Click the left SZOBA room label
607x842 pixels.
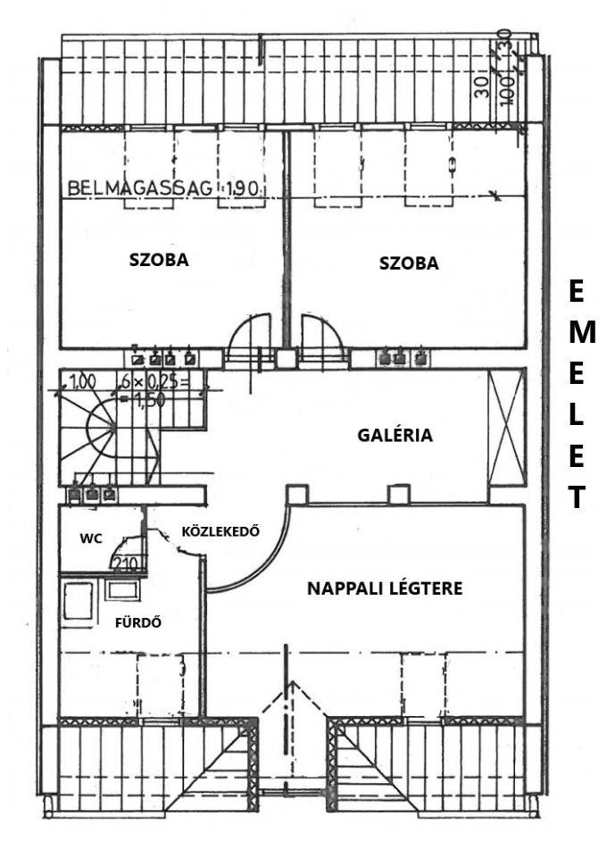click(160, 261)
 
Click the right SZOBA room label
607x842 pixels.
click(409, 263)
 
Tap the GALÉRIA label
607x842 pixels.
click(395, 436)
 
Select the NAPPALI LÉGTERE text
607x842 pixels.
click(384, 588)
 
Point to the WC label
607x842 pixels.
click(90, 538)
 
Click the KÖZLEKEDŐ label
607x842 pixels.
click(220, 530)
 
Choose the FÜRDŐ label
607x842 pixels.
click(138, 622)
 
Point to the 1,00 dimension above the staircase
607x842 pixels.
click(82, 381)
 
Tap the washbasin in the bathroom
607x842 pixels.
click(121, 589)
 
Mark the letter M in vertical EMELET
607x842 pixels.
click(578, 333)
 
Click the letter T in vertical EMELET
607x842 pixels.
click(578, 497)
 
